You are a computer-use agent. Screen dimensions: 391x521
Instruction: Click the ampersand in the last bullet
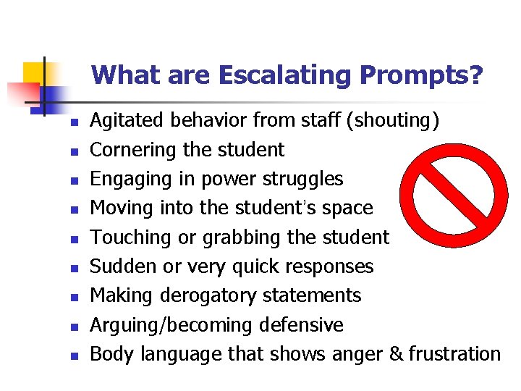[x=395, y=354]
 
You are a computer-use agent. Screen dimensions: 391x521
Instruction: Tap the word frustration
[x=454, y=354]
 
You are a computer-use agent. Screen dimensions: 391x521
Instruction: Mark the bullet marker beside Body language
[x=73, y=356]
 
